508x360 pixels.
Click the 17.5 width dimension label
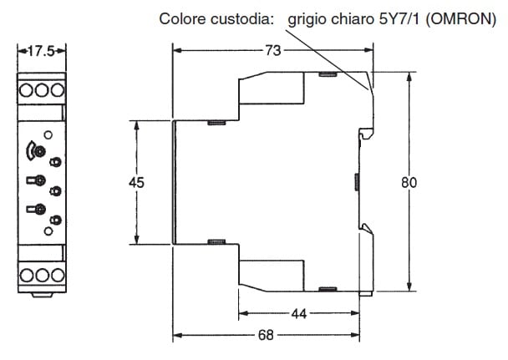(41, 51)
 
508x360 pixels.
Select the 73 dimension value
(273, 50)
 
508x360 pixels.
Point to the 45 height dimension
(136, 183)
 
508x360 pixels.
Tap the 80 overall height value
(409, 183)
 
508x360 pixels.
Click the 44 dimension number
(299, 314)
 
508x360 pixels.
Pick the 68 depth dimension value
(266, 335)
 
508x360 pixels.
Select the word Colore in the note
(182, 18)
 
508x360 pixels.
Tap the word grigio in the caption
(307, 20)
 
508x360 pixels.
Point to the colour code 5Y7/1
(399, 19)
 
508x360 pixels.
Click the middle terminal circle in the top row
(42, 90)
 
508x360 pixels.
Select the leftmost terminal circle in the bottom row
(27, 275)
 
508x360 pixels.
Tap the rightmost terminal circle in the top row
(58, 90)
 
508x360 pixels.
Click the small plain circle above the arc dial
(48, 134)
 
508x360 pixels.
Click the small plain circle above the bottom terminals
(48, 231)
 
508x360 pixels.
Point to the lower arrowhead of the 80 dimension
(409, 286)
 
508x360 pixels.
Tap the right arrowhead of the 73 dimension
(368, 50)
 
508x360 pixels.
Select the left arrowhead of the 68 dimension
(178, 335)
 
